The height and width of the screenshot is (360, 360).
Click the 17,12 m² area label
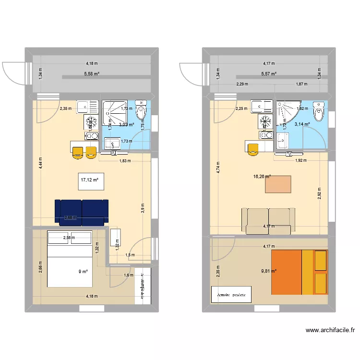(90, 180)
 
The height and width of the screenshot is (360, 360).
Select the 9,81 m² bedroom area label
(269, 271)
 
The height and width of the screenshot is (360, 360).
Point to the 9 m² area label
(84, 272)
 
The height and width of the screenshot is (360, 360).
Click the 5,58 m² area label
(91, 74)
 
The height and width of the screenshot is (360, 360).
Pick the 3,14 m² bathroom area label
(301, 124)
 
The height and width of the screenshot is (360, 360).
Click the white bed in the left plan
(70, 259)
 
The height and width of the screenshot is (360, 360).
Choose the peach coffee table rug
(278, 184)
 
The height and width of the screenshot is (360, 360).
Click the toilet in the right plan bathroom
(318, 113)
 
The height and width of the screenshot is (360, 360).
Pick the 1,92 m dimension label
(301, 160)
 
